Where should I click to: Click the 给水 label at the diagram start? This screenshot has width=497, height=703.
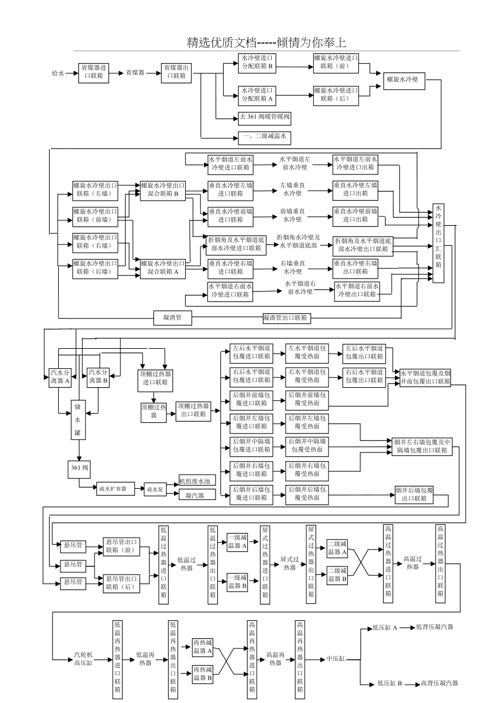(x=57, y=72)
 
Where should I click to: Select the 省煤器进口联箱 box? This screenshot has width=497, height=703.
(x=93, y=72)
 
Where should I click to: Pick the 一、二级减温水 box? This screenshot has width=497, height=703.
(x=265, y=137)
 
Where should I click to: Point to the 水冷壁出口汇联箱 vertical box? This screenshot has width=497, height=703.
(x=438, y=243)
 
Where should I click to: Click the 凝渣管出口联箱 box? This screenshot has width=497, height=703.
(x=286, y=318)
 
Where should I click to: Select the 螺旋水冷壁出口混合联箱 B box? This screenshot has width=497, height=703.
(x=163, y=190)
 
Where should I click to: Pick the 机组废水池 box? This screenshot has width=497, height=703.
(x=197, y=481)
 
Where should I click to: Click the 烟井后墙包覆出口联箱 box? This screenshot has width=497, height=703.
(x=414, y=495)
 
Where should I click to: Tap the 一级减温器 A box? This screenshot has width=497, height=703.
(x=237, y=542)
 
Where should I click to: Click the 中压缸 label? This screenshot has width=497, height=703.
(x=335, y=659)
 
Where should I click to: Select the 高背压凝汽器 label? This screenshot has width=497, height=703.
(x=439, y=683)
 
